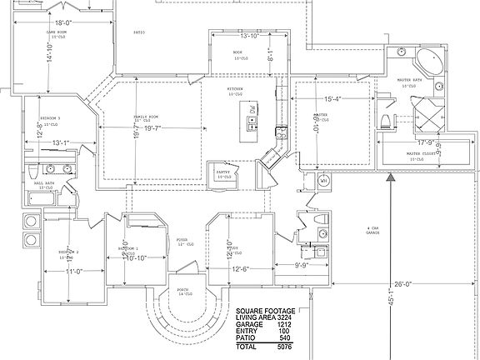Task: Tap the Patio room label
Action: click(139, 32)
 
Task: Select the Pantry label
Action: click(223, 172)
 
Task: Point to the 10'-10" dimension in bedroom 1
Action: click(133, 258)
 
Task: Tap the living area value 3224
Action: click(296, 317)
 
